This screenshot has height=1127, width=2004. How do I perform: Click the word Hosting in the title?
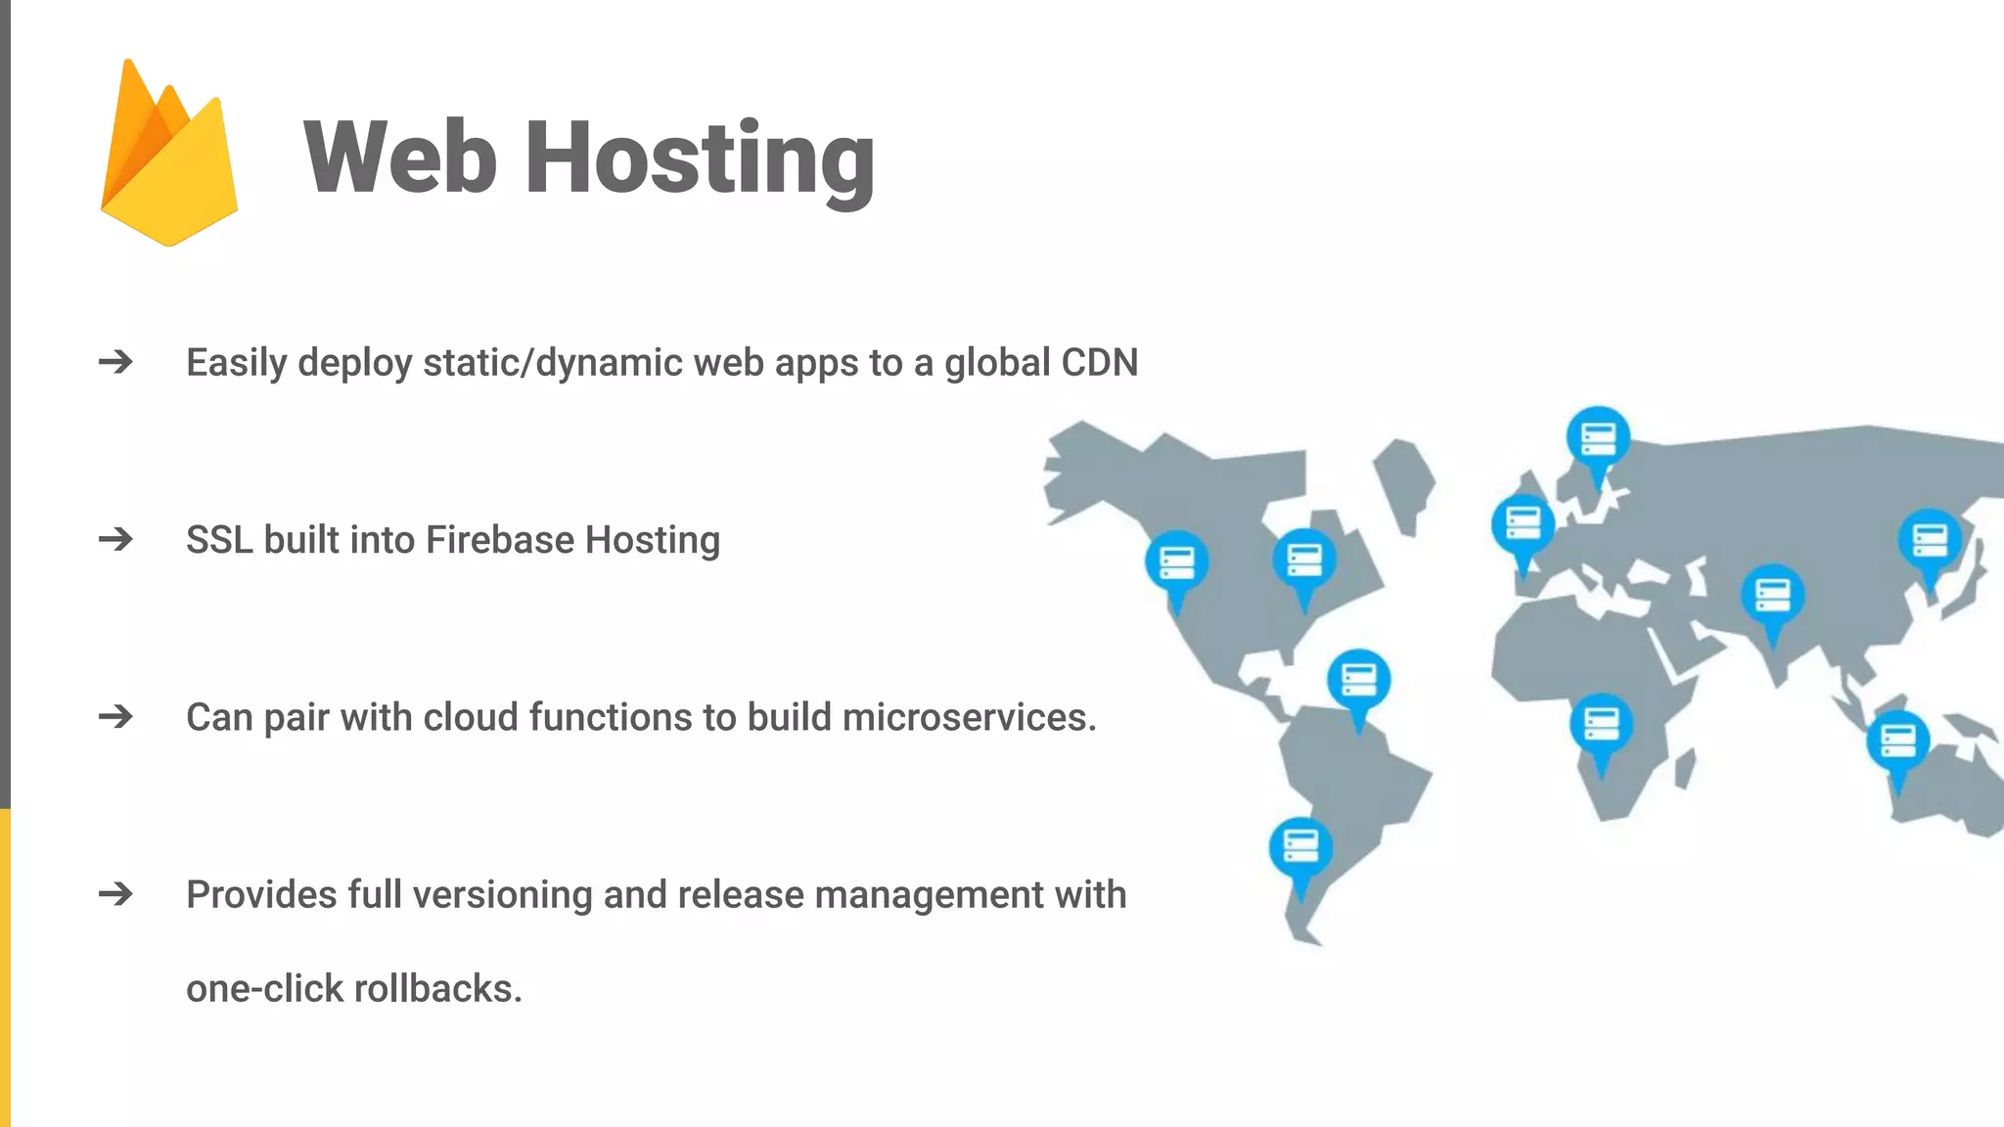[x=700, y=158]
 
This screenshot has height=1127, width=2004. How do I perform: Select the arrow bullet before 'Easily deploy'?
[x=115, y=363]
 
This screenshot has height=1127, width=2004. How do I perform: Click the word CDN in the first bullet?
[x=1099, y=363]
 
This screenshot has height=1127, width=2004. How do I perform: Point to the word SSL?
[x=218, y=540]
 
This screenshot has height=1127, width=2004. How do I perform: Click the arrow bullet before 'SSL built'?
[x=115, y=540]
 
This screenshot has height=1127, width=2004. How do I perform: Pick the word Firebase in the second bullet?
[x=500, y=540]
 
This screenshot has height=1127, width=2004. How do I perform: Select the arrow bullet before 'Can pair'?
[x=115, y=717]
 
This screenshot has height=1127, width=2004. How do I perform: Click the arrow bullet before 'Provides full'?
[x=115, y=894]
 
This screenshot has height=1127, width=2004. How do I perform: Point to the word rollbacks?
[x=437, y=989]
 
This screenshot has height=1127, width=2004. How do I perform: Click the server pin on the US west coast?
[x=1176, y=564]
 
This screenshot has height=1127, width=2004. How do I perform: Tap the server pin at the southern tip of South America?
[x=1300, y=847]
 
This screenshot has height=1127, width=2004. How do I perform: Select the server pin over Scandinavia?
[x=1598, y=438]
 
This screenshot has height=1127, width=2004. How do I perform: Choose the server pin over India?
[x=1772, y=596]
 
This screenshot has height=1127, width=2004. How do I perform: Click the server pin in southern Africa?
[x=1601, y=725]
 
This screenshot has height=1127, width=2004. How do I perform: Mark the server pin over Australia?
[x=1897, y=741]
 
